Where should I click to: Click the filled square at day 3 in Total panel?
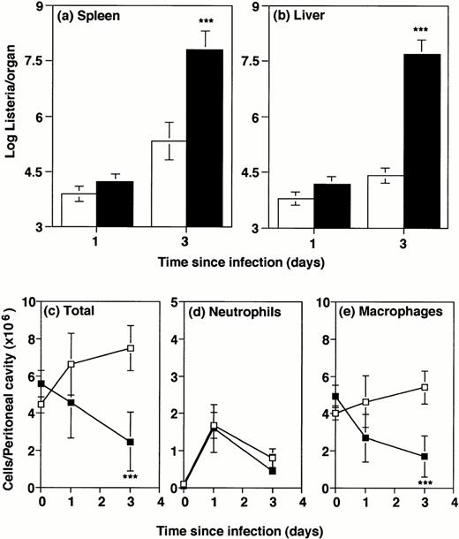pyautogui.click(x=130, y=442)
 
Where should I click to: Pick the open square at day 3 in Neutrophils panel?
pyautogui.click(x=273, y=459)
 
